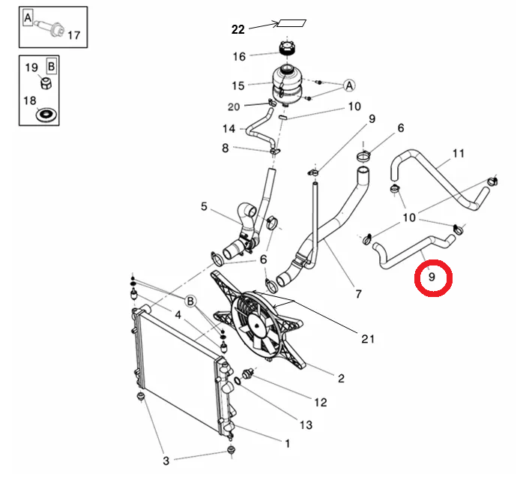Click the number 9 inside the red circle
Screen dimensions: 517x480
click(x=432, y=277)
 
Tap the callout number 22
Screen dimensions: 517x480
click(x=238, y=30)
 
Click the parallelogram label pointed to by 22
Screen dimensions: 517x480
click(x=291, y=23)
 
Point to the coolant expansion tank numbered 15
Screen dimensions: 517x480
click(x=286, y=83)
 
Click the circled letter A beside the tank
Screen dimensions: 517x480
click(x=349, y=85)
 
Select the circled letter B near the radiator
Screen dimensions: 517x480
click(x=190, y=301)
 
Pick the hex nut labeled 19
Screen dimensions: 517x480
click(x=46, y=83)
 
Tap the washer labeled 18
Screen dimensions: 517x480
click(x=46, y=115)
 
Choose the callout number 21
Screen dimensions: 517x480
click(x=368, y=339)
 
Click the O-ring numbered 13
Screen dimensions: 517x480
click(x=238, y=381)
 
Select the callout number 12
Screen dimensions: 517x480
click(x=320, y=402)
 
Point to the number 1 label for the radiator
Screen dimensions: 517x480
click(x=287, y=443)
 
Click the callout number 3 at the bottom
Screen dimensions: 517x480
click(x=166, y=460)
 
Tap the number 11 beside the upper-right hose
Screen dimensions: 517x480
click(x=459, y=153)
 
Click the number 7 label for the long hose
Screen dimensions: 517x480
click(x=358, y=294)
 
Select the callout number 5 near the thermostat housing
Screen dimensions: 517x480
click(x=204, y=207)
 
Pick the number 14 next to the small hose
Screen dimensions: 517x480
click(x=229, y=128)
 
